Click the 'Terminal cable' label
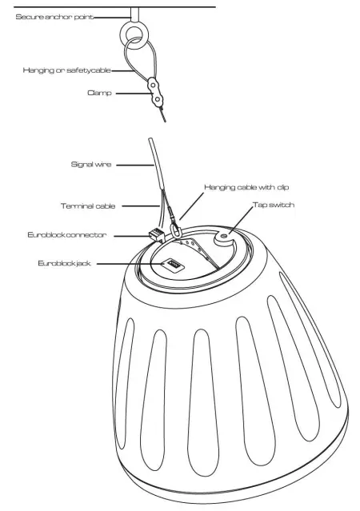tap(88, 206)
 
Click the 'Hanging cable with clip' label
tap(246, 186)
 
